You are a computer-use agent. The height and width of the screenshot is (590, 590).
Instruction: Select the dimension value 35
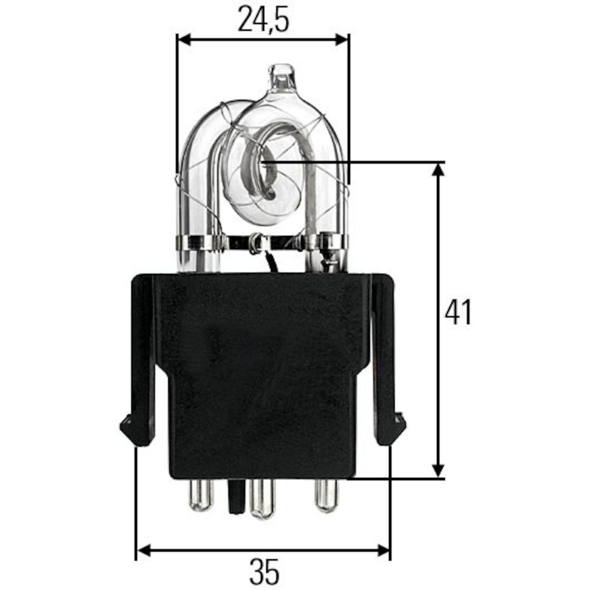(264, 572)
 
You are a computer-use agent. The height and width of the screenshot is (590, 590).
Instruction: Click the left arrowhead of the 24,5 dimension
(184, 39)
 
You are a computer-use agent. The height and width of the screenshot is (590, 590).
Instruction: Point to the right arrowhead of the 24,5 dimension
(341, 39)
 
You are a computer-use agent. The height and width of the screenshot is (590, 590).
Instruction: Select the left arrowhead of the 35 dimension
(144, 551)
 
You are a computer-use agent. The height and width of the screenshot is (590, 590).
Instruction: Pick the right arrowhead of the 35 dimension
(382, 551)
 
